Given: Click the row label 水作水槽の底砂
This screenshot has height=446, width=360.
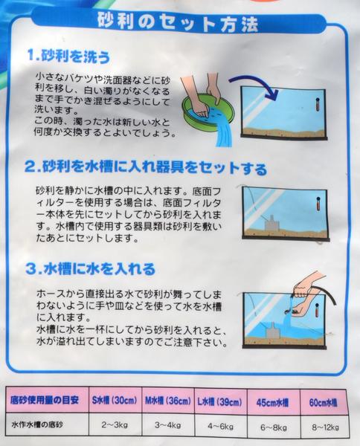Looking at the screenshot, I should point(45,427).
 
